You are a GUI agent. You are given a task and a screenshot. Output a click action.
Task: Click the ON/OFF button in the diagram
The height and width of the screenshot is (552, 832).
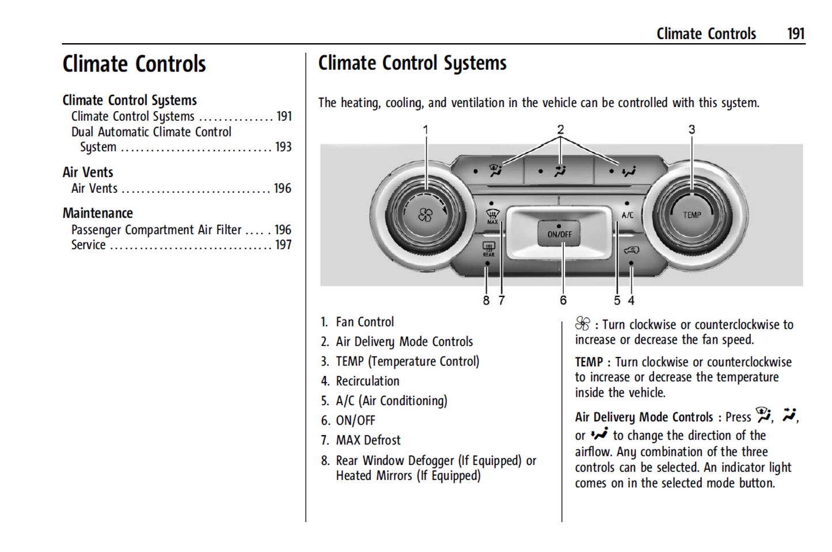[x=559, y=233]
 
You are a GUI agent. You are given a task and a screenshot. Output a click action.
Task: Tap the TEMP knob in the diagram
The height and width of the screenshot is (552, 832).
[x=692, y=215]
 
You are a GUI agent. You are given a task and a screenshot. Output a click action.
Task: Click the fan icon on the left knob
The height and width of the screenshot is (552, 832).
[x=425, y=216]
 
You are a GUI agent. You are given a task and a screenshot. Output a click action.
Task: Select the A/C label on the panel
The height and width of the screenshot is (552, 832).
[x=627, y=215]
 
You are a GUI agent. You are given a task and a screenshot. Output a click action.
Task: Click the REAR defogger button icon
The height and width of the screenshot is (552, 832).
[x=488, y=249]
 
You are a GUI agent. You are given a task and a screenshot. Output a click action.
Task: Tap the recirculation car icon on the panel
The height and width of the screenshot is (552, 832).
[x=631, y=250]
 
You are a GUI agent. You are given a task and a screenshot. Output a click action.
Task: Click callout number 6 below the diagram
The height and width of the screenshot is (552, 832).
[x=563, y=300]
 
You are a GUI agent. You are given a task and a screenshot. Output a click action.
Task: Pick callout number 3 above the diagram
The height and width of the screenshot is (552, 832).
[x=692, y=130]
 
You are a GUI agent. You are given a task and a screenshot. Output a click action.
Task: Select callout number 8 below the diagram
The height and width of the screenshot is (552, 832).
[x=487, y=300]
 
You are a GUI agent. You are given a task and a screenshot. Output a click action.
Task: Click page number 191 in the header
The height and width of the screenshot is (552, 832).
[x=796, y=34]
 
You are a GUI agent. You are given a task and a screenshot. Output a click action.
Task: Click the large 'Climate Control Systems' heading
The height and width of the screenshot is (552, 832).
[x=412, y=63]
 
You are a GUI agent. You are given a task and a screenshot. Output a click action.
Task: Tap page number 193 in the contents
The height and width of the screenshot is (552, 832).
[x=283, y=147]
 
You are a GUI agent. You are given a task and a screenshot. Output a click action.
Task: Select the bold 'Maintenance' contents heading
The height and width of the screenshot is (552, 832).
[x=98, y=213]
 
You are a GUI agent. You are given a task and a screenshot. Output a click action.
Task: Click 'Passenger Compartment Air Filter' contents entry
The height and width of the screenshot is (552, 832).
[x=156, y=230]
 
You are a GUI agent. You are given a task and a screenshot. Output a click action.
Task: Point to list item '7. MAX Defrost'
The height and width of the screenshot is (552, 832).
[x=361, y=440]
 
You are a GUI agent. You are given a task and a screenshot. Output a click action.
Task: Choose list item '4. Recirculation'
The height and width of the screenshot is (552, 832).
[x=360, y=381]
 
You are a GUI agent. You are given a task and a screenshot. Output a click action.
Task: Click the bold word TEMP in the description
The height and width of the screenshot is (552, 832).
[x=588, y=362]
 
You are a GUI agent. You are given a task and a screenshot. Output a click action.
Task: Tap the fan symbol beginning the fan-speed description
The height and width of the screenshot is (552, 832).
[x=582, y=324]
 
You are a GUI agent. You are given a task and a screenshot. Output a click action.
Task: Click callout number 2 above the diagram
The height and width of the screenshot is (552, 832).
[x=560, y=130]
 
